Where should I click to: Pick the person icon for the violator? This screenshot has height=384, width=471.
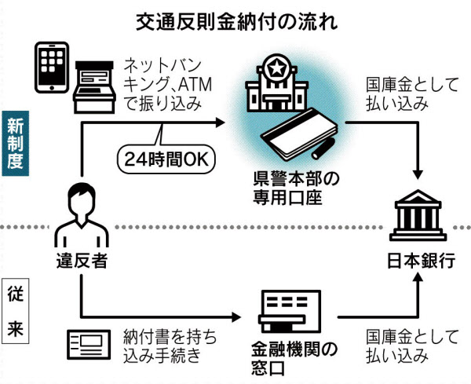coord(80,214)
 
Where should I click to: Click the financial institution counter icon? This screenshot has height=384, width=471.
coord(289,313)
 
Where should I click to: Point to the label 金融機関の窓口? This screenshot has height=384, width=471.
coord(289,358)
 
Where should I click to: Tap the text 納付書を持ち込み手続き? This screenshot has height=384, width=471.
coord(170,346)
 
